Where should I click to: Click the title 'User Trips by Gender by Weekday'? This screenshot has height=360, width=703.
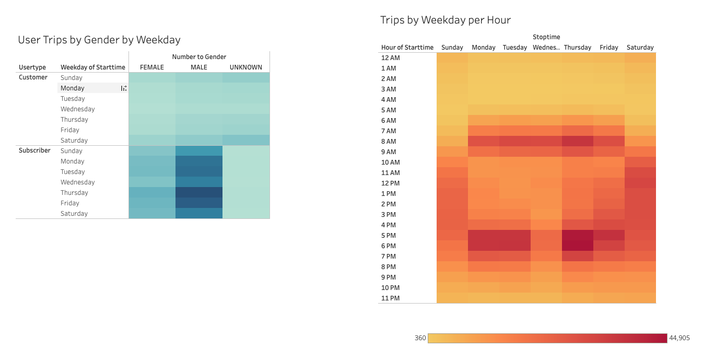99,40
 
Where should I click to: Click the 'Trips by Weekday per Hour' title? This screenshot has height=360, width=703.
446,20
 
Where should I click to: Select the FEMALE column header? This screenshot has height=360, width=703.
152,67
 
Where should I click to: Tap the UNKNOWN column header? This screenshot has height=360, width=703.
246,67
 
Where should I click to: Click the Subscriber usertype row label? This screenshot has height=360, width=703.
34,150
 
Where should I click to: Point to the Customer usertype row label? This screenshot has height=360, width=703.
33,77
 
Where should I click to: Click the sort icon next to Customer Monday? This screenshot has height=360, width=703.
124,88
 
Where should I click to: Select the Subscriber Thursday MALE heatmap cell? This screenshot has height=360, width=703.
199,192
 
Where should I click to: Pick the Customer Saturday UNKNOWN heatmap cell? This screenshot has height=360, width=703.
246,140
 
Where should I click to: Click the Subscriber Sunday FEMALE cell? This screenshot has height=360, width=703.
152,150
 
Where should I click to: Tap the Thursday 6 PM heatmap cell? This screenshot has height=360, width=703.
578,246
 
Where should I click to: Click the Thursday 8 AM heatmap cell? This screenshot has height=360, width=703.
578,141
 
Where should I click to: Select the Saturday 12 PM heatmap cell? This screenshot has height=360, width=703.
640,183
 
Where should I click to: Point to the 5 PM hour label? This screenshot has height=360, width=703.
389,235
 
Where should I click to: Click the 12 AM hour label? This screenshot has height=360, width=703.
391,57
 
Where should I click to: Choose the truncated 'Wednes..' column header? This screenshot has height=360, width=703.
546,47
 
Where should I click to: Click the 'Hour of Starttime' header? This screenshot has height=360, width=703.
407,47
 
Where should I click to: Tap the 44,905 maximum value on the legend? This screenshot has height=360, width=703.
679,338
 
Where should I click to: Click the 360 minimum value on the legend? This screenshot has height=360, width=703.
420,338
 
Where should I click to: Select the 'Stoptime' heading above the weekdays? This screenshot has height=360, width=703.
546,37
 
